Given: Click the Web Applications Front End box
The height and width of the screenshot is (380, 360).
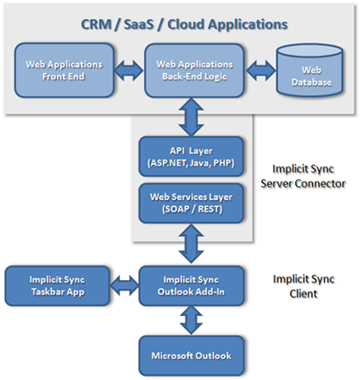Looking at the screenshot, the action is click(64, 70).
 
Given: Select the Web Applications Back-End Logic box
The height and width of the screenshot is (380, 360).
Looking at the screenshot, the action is click(194, 70).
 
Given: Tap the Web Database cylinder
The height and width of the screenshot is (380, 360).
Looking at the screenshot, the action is click(310, 70).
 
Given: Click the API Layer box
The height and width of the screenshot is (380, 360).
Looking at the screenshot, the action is click(191, 157).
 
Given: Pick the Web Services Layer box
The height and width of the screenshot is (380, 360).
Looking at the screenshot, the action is click(191, 204).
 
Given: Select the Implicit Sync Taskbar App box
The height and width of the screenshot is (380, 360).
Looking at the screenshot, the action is click(58, 285).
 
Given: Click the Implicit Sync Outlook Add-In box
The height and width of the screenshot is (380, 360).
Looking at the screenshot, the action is click(192, 285).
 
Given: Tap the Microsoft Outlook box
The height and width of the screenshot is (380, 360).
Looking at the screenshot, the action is click(192, 356).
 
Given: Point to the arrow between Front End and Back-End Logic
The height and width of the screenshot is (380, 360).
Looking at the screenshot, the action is click(130, 71).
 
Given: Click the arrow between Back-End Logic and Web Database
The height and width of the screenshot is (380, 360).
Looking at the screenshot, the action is click(261, 71).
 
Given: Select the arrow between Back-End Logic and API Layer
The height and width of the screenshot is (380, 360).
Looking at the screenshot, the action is click(191, 117).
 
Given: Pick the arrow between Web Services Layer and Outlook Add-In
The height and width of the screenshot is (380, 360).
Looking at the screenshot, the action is click(191, 244).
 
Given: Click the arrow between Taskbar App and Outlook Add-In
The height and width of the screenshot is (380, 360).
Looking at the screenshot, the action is click(124, 285).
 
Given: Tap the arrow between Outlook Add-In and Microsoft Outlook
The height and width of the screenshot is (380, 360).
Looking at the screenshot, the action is click(191, 320).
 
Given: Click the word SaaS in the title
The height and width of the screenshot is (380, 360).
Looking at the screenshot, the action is click(139, 24).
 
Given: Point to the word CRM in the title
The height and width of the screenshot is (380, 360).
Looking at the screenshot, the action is click(96, 24).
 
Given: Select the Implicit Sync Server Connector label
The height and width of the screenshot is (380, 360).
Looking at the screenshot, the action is click(303, 176).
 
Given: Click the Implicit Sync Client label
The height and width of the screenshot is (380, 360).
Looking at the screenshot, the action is click(303, 286).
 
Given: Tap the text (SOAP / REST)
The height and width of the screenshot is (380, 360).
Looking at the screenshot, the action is click(192, 209).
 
